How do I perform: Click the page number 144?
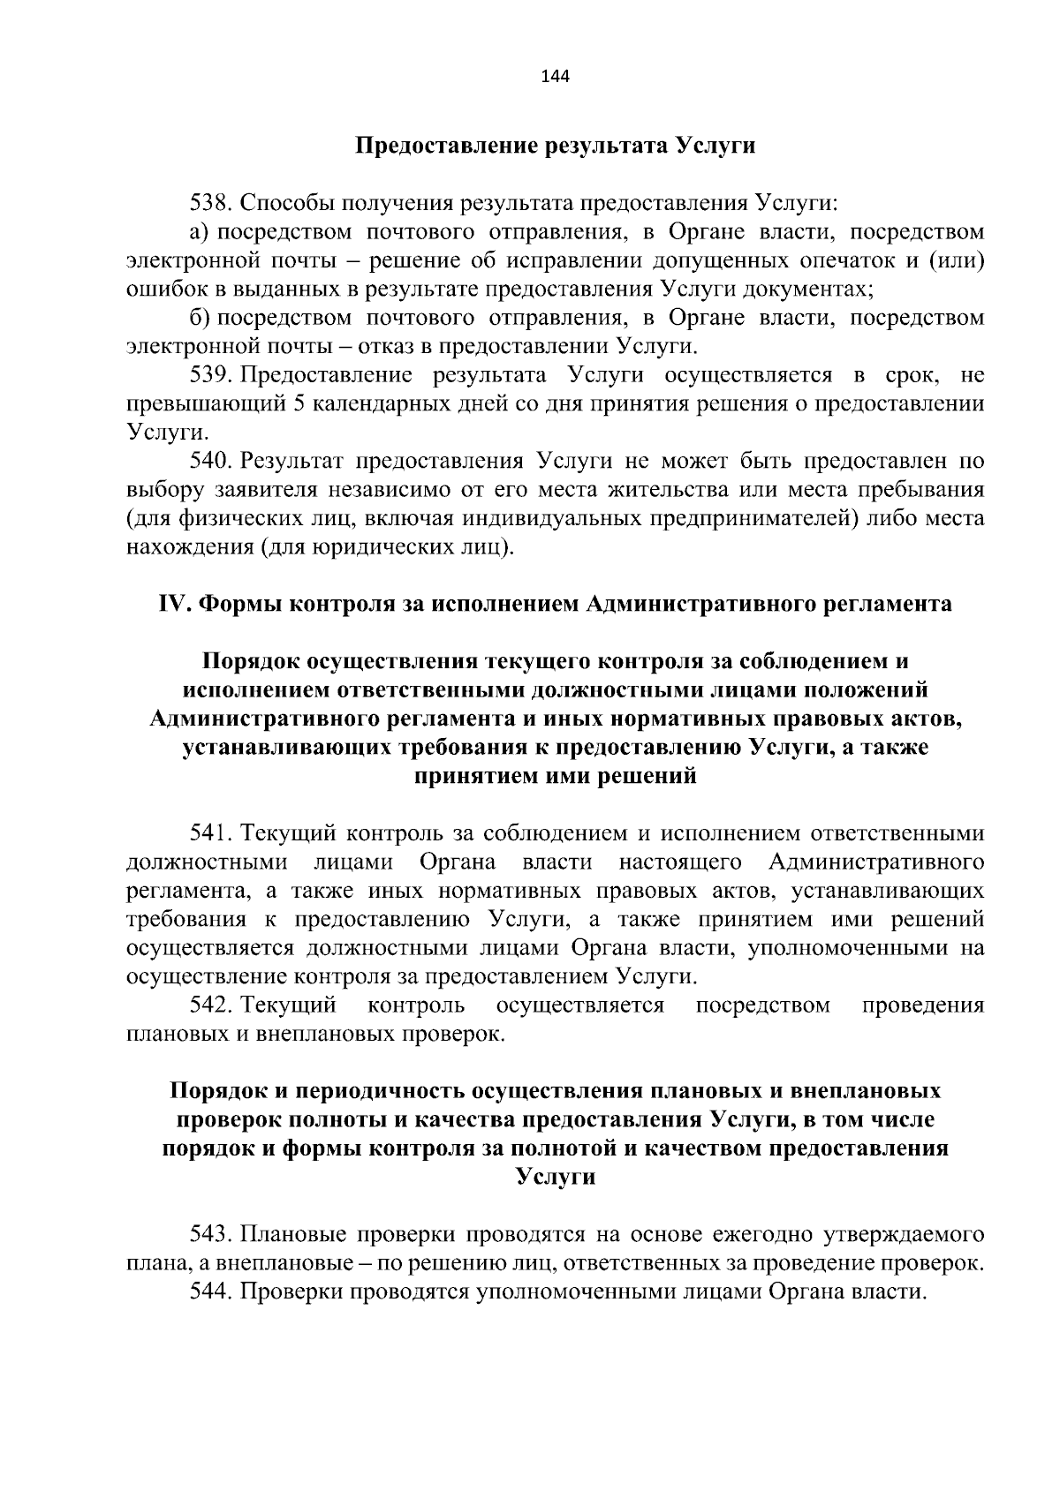(x=555, y=76)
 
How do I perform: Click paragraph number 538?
(x=211, y=203)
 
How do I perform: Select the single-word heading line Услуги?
(x=555, y=1177)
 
